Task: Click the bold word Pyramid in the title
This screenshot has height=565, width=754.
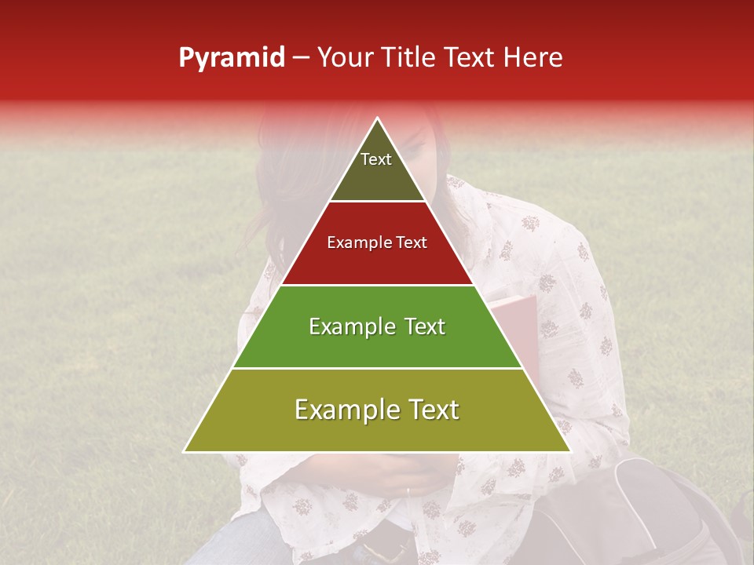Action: [231, 58]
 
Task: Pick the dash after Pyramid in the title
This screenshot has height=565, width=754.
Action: [300, 59]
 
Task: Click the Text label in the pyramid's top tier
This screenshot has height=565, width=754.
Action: [376, 159]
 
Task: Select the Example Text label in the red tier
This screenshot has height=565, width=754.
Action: [377, 242]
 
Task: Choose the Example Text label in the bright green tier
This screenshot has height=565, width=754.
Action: [377, 326]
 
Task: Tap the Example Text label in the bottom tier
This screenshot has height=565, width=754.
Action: [377, 410]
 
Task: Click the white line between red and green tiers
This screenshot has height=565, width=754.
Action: [377, 285]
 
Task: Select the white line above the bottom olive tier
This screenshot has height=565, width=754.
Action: [377, 368]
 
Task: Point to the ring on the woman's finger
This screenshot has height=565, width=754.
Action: [408, 490]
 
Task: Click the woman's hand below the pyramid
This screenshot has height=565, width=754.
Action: [393, 475]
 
